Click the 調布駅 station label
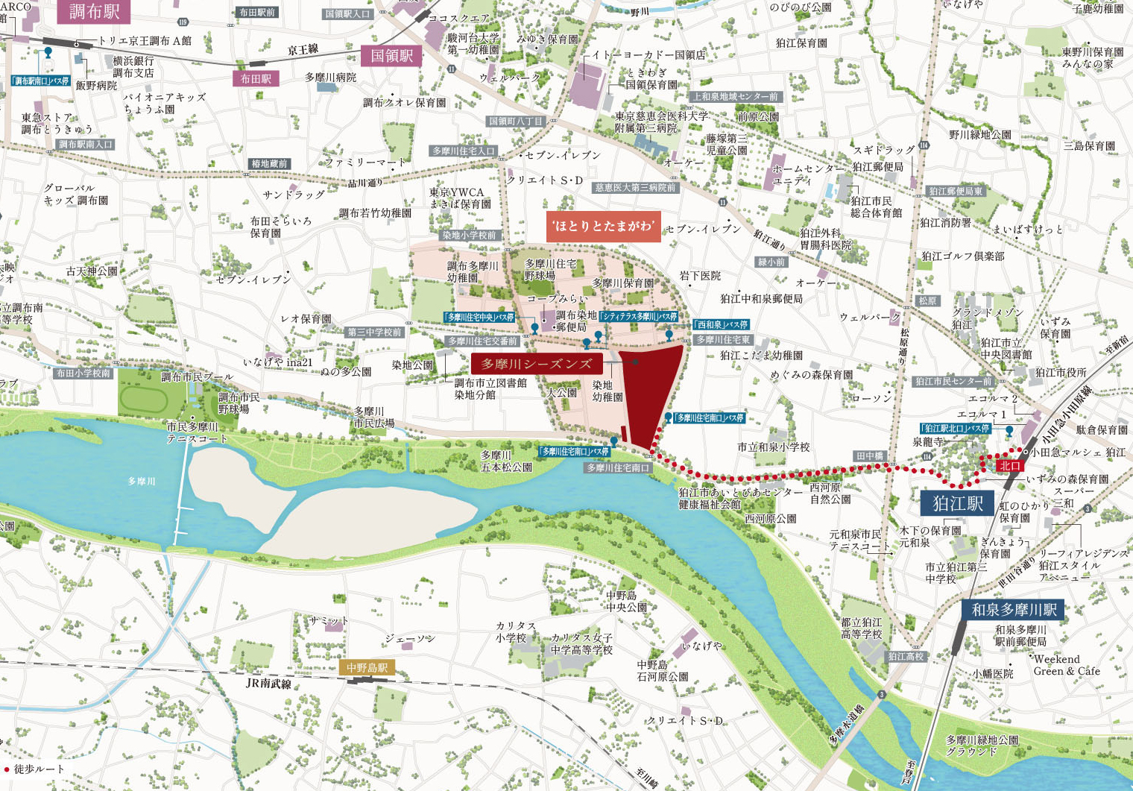pyautogui.click(x=94, y=11)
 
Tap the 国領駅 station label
pyautogui.click(x=391, y=56)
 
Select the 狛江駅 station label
pyautogui.click(x=958, y=503)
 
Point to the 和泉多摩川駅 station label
pyautogui.click(x=1014, y=610)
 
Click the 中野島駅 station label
pyautogui.click(x=367, y=668)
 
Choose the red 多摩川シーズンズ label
pyautogui.click(x=537, y=364)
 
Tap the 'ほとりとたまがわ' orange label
pyautogui.click(x=603, y=227)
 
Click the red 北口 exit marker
pyautogui.click(x=1010, y=466)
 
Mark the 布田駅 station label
pyautogui.click(x=256, y=79)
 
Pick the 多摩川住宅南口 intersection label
pyautogui.click(x=618, y=468)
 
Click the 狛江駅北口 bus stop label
pyautogui.click(x=956, y=429)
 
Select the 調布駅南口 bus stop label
pyautogui.click(x=41, y=81)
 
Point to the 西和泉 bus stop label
pyautogui.click(x=722, y=325)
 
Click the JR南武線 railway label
pyautogui.click(x=268, y=683)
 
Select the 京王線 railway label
pyautogui.click(x=303, y=50)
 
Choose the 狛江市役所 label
pyautogui.click(x=1061, y=372)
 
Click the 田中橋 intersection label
pyautogui.click(x=869, y=456)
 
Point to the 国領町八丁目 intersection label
pyautogui.click(x=516, y=121)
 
